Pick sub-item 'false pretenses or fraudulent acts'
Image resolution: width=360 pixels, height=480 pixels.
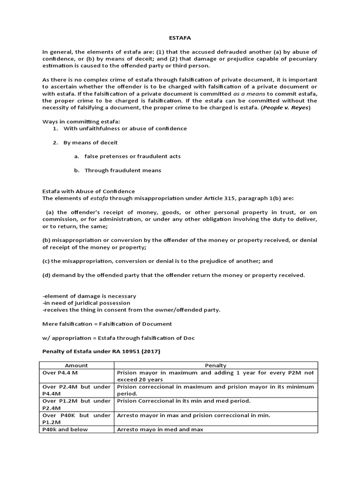tap(132, 156)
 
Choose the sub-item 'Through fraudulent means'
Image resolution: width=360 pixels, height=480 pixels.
tap(122, 170)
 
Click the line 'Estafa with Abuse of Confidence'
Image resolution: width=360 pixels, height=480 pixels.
tap(89, 191)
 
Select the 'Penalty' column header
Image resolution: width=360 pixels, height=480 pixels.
tap(216, 365)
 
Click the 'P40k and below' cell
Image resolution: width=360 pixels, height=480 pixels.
tap(65, 429)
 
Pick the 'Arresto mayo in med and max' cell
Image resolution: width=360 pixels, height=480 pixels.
tap(160, 429)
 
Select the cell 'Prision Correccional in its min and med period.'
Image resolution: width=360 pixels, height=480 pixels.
tap(184, 401)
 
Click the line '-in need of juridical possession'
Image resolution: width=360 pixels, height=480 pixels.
tap(86, 303)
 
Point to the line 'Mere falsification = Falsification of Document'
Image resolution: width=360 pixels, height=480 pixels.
tap(107, 323)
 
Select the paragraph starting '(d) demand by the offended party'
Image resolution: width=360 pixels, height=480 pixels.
tap(173, 275)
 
